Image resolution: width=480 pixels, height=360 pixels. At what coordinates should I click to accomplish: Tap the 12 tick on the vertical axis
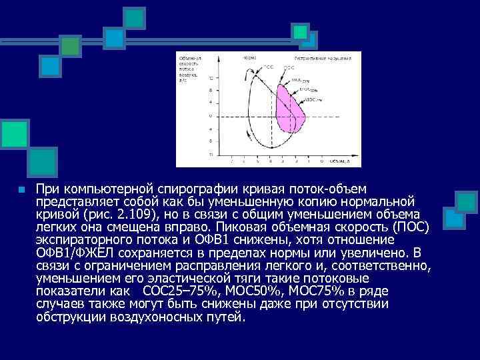pos(211,77)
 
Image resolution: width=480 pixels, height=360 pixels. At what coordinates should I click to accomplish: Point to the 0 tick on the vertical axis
pos(211,115)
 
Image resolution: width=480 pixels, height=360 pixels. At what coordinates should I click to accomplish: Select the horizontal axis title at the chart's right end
pos(339,161)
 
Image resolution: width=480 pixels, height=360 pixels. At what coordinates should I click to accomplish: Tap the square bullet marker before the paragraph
pos(21,190)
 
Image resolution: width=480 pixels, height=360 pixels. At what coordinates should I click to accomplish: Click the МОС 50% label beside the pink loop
pos(309,89)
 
